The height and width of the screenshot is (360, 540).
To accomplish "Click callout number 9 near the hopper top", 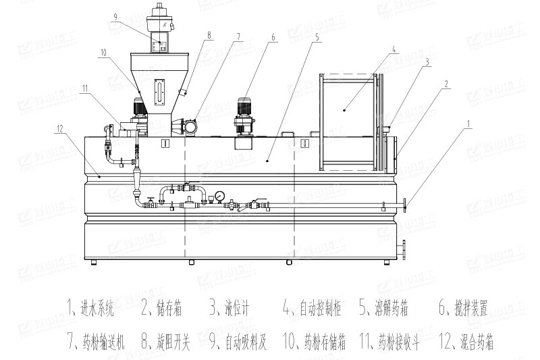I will point(116,17).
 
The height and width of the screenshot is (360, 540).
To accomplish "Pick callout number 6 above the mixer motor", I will point(273,39).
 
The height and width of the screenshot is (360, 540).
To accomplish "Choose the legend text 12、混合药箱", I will point(466,342).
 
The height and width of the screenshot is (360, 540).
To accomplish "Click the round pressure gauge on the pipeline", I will point(220,197).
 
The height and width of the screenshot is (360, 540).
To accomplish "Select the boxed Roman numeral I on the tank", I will point(165,143).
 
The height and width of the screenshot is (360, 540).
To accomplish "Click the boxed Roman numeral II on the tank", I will point(304,143).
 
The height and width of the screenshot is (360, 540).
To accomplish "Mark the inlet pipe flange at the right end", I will point(403,204).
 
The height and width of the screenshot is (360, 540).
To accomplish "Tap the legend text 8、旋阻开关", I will point(166,342).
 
